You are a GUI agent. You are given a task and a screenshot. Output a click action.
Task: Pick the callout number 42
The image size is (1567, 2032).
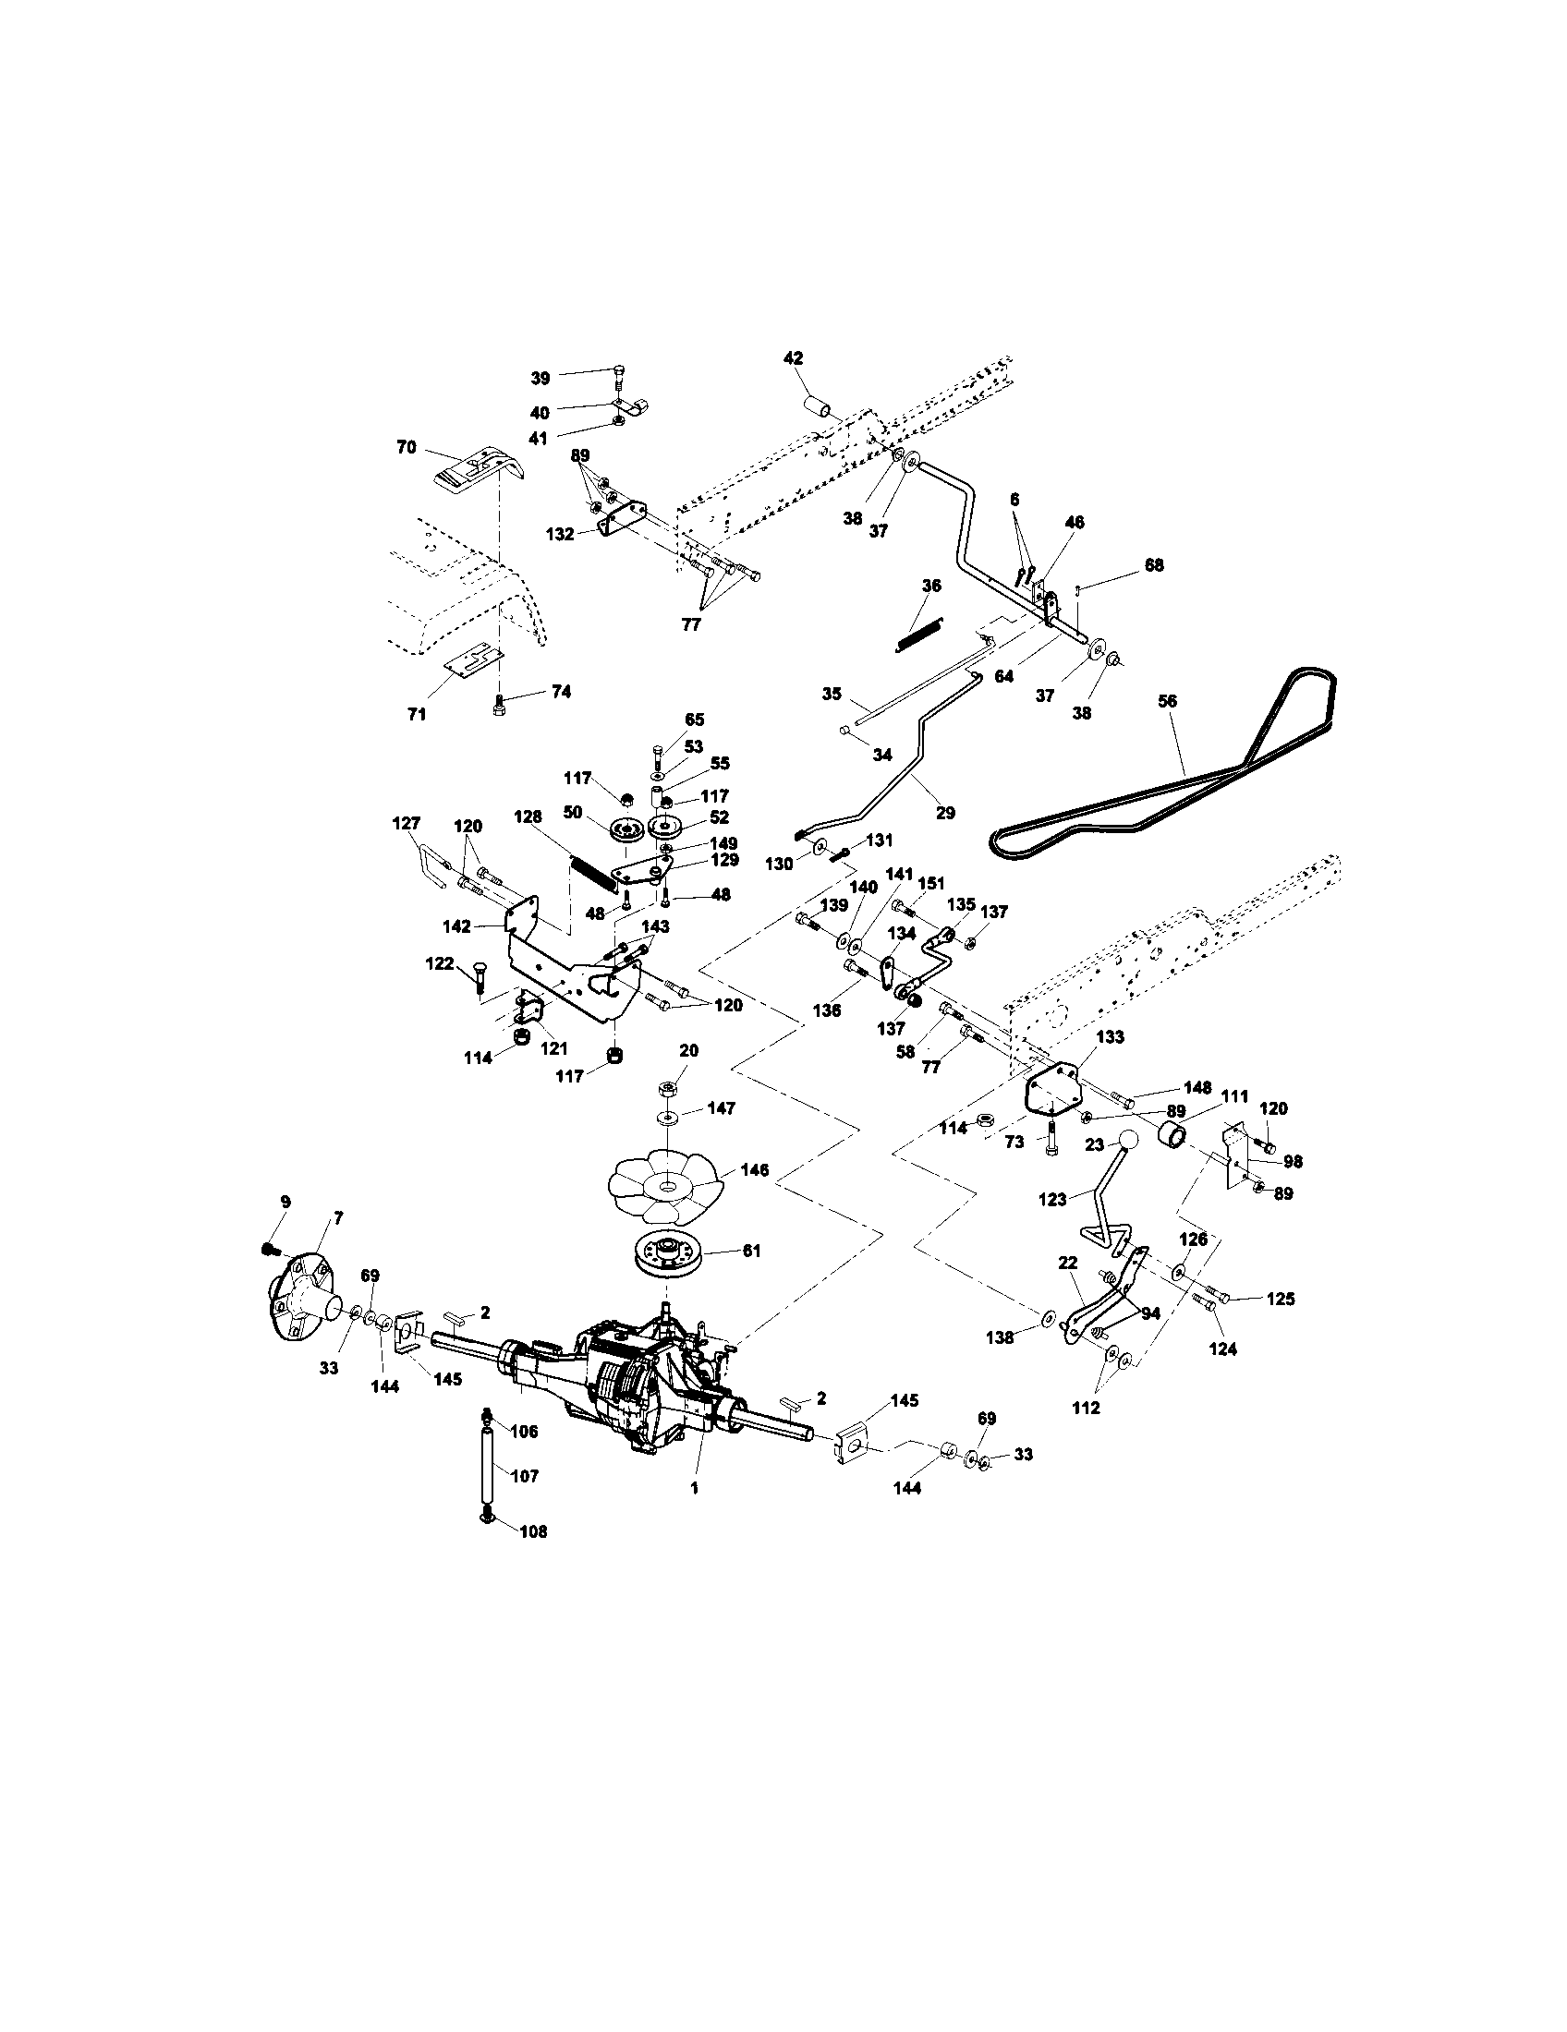tap(793, 358)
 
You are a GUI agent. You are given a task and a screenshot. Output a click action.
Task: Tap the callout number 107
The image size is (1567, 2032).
tap(525, 1476)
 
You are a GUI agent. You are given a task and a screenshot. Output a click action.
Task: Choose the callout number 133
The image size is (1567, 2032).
tap(1111, 1036)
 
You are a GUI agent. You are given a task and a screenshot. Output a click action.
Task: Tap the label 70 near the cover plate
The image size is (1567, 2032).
tap(406, 447)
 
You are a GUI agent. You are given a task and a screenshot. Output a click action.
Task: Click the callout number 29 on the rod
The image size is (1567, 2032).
tap(945, 812)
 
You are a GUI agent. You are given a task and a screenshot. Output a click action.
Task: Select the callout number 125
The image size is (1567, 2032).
tap(1281, 1299)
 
